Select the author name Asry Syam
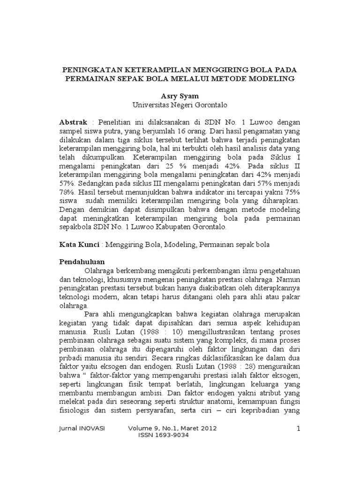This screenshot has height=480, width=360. click(180, 96)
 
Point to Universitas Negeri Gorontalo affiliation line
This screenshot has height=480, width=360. click(180, 105)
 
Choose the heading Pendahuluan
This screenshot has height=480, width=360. click(82, 261)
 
